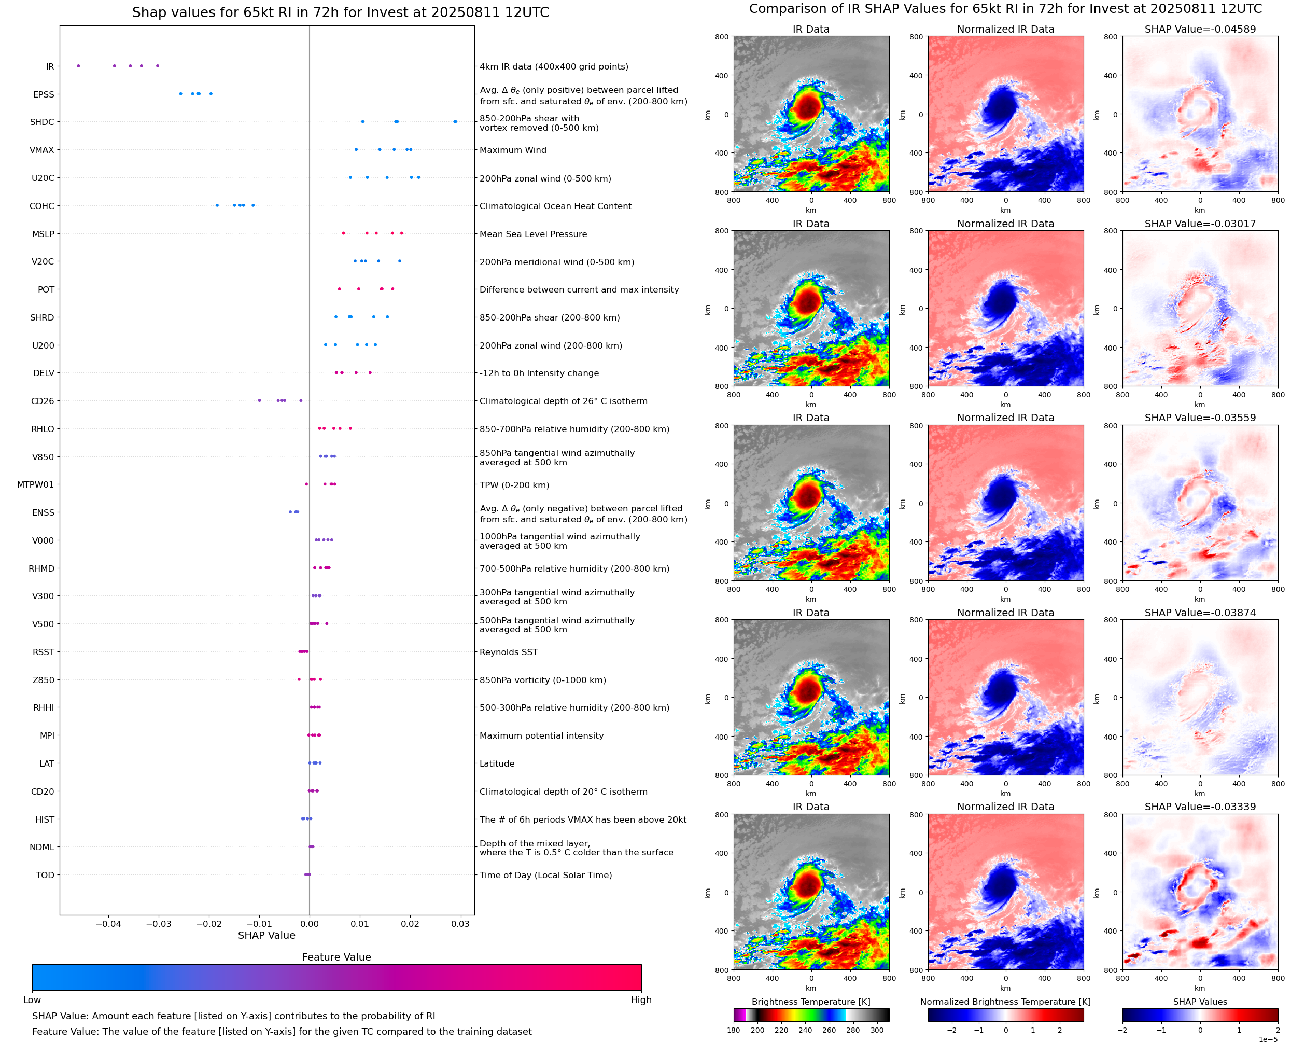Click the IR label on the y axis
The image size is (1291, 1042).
click(x=50, y=66)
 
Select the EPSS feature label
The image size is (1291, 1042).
click(x=44, y=94)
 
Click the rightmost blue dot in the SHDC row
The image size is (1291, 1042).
click(x=455, y=122)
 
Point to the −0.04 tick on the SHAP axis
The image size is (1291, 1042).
click(x=108, y=924)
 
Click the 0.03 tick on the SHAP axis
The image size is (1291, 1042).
click(x=460, y=924)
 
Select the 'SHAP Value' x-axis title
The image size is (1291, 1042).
click(x=266, y=935)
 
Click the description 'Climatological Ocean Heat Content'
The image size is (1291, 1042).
click(x=555, y=206)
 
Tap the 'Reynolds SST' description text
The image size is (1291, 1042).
click(x=508, y=652)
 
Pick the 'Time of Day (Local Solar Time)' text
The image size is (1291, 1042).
click(x=545, y=875)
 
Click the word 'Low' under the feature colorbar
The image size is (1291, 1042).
click(x=32, y=1000)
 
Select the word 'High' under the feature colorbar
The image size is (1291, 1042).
click(x=641, y=1000)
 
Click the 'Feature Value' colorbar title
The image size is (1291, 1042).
click(x=336, y=957)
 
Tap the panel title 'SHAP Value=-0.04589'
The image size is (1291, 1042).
click(x=1200, y=29)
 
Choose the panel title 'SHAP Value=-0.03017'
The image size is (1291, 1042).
click(x=1200, y=223)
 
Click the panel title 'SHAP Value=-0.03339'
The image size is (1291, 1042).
click(x=1200, y=807)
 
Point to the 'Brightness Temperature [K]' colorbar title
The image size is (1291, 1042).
click(x=810, y=1002)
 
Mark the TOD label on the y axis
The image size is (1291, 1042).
click(x=45, y=875)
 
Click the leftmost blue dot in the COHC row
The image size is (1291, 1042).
click(x=217, y=205)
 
